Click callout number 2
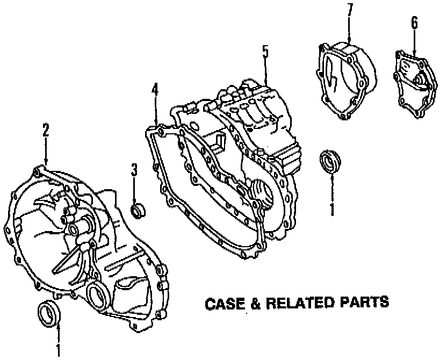coord(46,129)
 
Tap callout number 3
coord(134,170)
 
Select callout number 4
coord(155,89)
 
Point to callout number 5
coord(265,52)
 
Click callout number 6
coord(414,23)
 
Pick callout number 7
coord(350,10)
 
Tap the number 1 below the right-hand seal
coord(332,208)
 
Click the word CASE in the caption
coord(226,304)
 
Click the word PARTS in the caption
coord(364,303)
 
